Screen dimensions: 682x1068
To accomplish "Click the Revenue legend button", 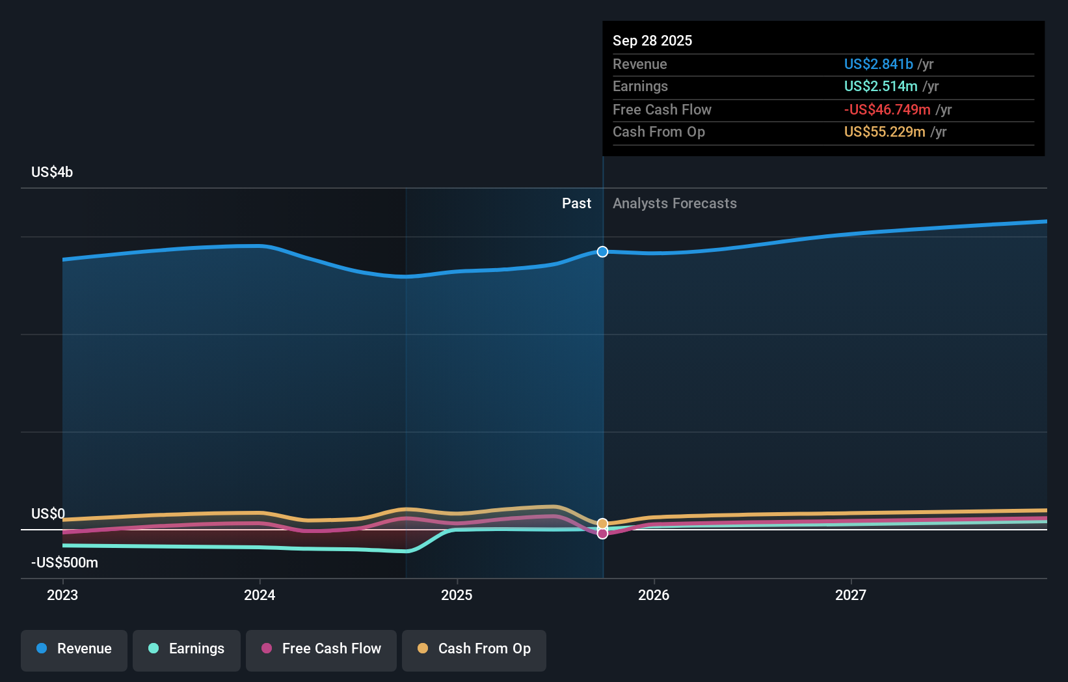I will click(x=74, y=649).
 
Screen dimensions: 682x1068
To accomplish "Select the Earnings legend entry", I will click(x=187, y=649).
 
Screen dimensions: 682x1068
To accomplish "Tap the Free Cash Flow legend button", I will click(x=321, y=649).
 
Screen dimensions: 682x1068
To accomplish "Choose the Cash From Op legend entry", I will click(x=474, y=649).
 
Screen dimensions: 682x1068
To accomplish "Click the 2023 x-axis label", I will click(x=62, y=595).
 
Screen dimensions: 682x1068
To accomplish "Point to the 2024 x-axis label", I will click(x=260, y=595).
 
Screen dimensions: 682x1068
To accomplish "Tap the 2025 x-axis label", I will click(x=457, y=595).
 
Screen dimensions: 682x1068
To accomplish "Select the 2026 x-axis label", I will click(x=654, y=595).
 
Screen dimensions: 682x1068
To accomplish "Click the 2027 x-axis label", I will click(x=851, y=595).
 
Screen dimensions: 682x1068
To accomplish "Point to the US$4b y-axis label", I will click(x=52, y=172).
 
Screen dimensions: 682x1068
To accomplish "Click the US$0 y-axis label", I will click(x=48, y=513).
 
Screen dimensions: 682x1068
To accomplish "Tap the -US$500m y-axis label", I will click(x=64, y=562).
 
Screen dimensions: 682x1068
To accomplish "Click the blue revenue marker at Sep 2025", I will click(x=602, y=252).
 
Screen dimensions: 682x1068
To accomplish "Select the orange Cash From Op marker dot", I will click(x=602, y=523).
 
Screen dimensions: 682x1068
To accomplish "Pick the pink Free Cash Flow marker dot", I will click(x=602, y=534).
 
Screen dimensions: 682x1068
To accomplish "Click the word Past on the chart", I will click(x=576, y=204).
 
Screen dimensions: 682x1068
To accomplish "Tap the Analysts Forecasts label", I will click(x=674, y=204).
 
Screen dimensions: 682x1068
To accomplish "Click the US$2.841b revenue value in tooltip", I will click(x=878, y=64).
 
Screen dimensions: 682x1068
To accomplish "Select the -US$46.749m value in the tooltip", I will click(x=887, y=110).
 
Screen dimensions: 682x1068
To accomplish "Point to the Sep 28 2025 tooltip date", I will click(x=652, y=41).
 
